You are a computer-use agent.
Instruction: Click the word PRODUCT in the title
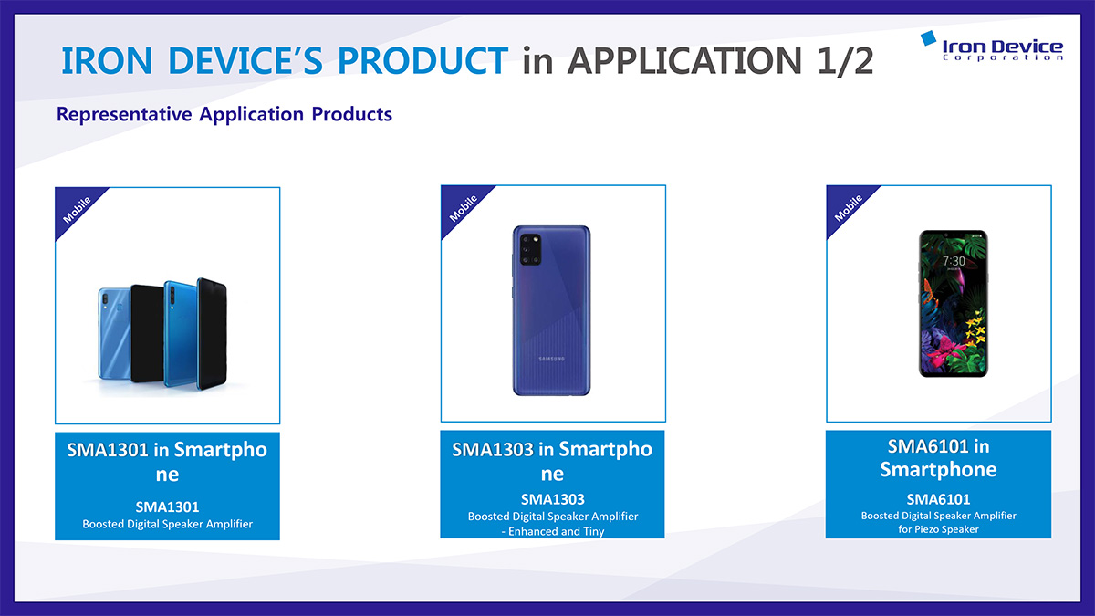pos(422,61)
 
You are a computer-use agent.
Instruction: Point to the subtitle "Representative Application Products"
pos(224,114)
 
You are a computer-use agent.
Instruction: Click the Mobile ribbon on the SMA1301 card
pos(78,210)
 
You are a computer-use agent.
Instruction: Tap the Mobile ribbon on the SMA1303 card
pos(464,208)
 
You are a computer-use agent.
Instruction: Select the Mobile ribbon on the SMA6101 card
pos(849,208)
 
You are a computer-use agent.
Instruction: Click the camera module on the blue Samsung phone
pos(530,249)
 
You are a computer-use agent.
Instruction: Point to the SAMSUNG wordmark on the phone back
pos(551,359)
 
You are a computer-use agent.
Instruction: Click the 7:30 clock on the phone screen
pos(954,261)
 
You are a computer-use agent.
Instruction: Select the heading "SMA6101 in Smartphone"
pos(939,458)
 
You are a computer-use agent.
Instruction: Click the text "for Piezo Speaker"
pos(939,529)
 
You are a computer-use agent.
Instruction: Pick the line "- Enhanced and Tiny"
pos(553,531)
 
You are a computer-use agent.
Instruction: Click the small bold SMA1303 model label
pos(553,499)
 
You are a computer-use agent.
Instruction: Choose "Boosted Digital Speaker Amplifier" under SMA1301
pos(168,524)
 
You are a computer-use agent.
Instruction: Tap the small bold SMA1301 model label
pos(167,507)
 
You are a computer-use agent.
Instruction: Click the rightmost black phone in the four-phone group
pos(212,333)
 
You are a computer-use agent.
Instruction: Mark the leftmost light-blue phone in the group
pos(114,333)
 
